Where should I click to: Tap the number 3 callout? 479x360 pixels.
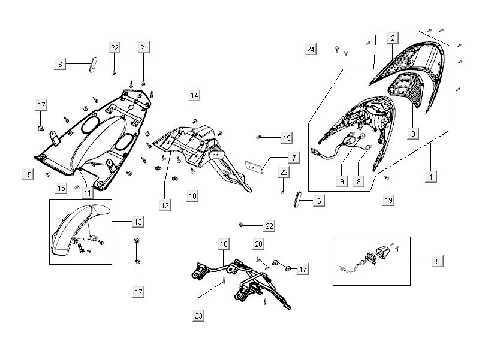412,134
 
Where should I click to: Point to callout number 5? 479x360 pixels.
438,261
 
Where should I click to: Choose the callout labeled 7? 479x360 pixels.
294,158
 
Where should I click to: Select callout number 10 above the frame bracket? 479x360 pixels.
223,244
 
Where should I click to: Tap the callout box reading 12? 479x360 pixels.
165,205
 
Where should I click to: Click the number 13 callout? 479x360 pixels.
138,222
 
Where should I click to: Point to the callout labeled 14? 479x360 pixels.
194,95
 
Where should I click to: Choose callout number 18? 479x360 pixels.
192,196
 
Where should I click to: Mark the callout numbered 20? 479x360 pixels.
258,244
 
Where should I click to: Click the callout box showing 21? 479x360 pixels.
144,47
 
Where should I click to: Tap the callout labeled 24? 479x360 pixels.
311,50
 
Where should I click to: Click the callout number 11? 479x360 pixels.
88,193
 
